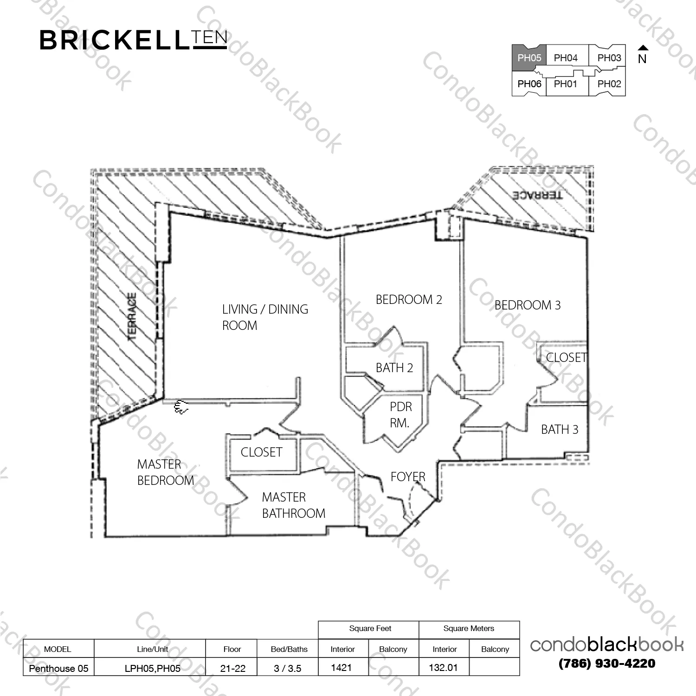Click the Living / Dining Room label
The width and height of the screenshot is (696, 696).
coord(265,317)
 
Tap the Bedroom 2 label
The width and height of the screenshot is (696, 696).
coord(409,300)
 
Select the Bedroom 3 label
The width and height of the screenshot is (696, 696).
coord(528,305)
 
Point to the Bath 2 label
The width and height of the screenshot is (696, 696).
coord(394,368)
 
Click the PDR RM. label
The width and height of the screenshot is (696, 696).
coord(400,415)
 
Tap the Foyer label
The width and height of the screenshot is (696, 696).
coord(408,477)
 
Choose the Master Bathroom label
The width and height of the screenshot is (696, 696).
coord(293,505)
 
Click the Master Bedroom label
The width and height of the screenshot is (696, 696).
coord(166,472)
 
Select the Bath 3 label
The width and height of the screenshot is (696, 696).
coord(560,430)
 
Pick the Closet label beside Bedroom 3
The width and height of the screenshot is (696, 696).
coord(567,358)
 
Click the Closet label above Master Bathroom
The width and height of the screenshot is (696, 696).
coord(261,452)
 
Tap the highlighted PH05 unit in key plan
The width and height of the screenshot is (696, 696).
coord(529,58)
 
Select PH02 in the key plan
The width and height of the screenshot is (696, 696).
coord(609,84)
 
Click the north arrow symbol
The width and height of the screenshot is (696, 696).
coord(643,47)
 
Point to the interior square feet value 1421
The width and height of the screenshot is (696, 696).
coord(341,668)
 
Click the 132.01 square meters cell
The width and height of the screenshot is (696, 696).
coord(444,668)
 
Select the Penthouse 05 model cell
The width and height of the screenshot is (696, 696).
coord(58,668)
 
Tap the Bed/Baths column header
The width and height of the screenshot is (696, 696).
coord(289,649)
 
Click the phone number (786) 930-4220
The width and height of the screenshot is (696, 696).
coord(607,664)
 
